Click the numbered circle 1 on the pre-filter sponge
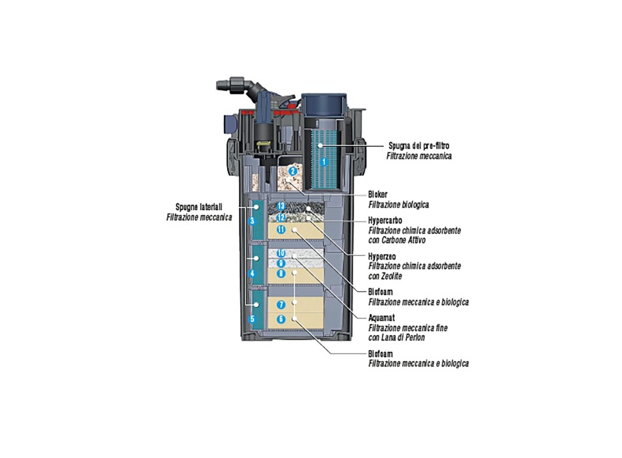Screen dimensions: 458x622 tap(323, 160)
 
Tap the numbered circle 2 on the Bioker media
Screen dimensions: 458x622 tap(293, 171)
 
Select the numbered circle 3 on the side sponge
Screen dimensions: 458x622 tap(252, 221)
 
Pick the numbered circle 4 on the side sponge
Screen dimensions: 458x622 tap(252, 273)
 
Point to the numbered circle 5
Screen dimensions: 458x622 tap(252, 319)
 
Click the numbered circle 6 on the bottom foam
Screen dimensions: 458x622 tap(282, 320)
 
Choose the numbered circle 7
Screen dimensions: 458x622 tap(282, 305)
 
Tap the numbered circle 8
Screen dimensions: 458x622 tap(281, 273)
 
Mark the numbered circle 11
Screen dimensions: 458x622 tap(281, 229)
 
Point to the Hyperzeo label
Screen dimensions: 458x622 tap(382, 257)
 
